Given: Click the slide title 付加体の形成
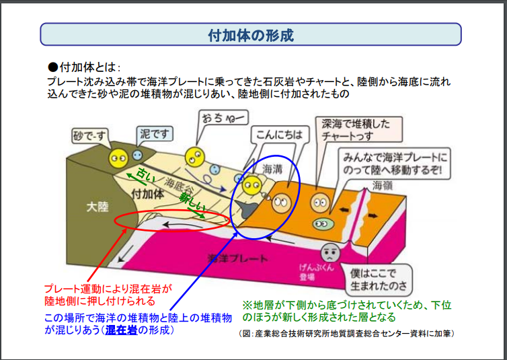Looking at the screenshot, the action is point(251,35).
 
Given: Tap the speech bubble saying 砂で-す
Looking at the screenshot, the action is point(89,136).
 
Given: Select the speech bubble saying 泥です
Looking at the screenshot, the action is point(155,134).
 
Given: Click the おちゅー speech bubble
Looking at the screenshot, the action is point(223,118).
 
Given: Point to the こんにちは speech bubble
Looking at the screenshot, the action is point(280,135).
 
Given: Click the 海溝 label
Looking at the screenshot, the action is point(272,168).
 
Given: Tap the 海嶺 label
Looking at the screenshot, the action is point(382,185).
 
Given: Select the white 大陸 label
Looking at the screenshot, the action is point(97,207).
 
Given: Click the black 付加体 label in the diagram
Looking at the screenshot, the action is point(147,194).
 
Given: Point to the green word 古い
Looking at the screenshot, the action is point(145,175).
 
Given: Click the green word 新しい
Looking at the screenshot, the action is point(192,201).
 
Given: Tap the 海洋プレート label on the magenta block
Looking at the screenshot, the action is point(237,258).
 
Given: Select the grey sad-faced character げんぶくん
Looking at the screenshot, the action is point(330,252).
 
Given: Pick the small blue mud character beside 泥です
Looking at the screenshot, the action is point(137,155).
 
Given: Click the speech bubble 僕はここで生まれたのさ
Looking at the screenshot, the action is point(379,280).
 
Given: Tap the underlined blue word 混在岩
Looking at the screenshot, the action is point(121,330).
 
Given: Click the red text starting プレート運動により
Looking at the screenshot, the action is point(108,295).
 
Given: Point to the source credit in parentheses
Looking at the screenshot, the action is point(346,334).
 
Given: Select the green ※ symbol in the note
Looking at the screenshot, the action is point(247,305).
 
